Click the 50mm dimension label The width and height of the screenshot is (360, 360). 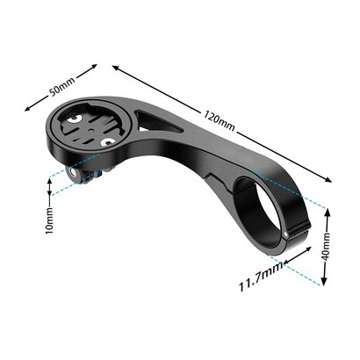pyautogui.click(x=62, y=87)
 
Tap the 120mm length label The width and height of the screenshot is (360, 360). pyautogui.click(x=220, y=120)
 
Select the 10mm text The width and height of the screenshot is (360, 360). pyautogui.click(x=50, y=220)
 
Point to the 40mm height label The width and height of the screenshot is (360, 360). pyautogui.click(x=326, y=246)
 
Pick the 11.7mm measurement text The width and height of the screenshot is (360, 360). pyautogui.click(x=261, y=276)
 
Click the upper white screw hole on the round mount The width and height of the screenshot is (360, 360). pyautogui.click(x=73, y=119)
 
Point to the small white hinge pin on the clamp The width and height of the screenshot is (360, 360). pyautogui.click(x=285, y=234)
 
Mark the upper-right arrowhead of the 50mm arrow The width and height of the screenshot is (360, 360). pyautogui.click(x=94, y=66)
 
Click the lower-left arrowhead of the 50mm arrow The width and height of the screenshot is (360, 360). pyautogui.click(x=27, y=109)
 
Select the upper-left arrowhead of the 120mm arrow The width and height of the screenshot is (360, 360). pyautogui.click(x=116, y=68)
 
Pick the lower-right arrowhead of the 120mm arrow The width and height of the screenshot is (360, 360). pyautogui.click(x=328, y=179)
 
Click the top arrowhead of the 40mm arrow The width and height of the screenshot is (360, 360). pyautogui.click(x=327, y=212)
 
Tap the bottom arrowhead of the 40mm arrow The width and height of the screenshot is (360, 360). pyautogui.click(x=323, y=281)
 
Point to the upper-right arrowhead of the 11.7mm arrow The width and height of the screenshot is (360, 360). pyautogui.click(x=308, y=248)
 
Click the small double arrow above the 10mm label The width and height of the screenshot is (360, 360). pyautogui.click(x=50, y=187)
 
